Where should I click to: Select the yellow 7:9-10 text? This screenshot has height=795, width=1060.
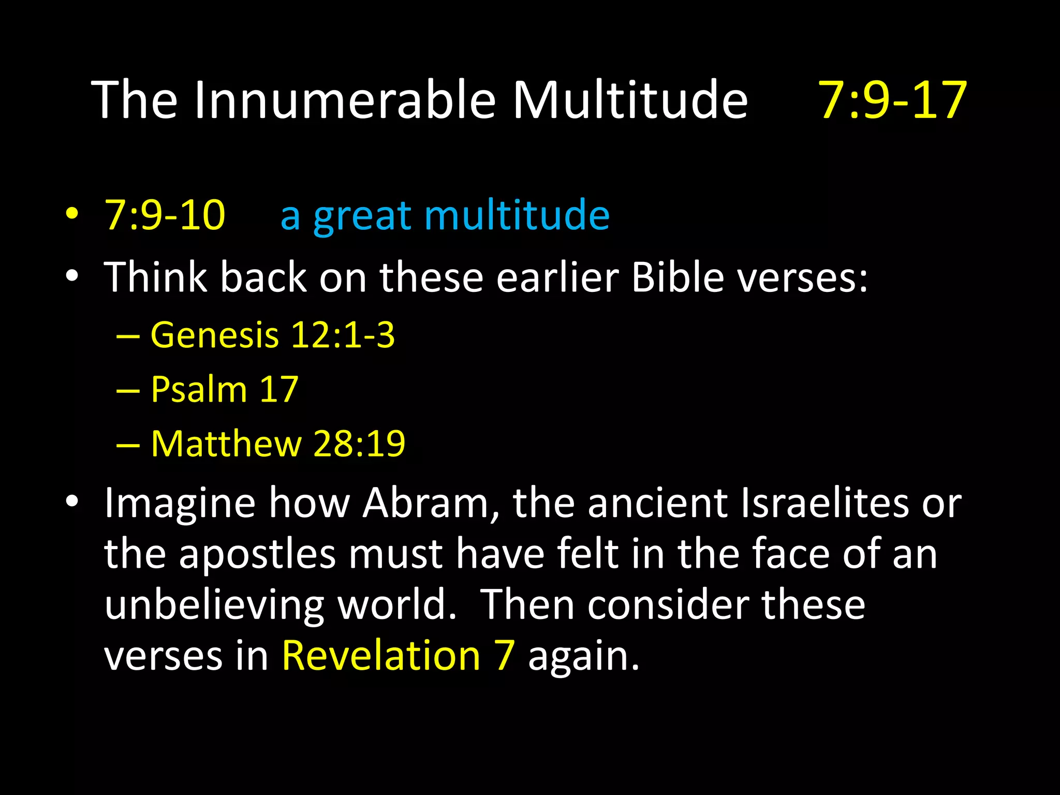click(165, 215)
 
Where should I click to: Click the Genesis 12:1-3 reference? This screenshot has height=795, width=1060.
click(272, 335)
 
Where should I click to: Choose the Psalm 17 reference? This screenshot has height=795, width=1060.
click(224, 389)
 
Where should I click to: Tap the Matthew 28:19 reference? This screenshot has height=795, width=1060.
click(278, 444)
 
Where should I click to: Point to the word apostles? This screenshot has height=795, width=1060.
click(257, 554)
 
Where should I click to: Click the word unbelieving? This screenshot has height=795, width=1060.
click(214, 606)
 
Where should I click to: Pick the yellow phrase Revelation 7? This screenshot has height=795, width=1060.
click(398, 656)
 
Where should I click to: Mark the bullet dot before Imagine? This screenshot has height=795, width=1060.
click(72, 501)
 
